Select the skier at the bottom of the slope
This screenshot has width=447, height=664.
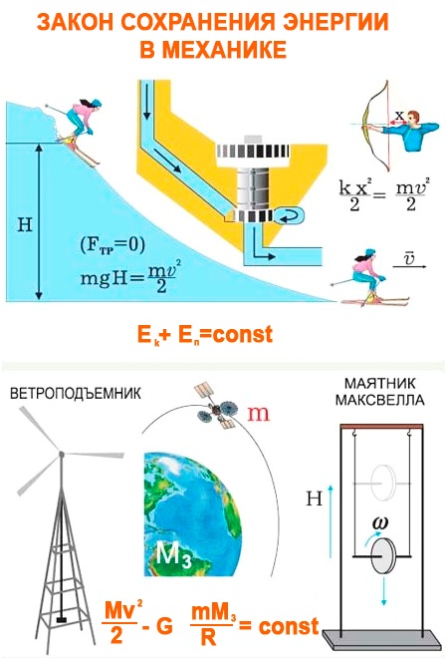pos(369,277)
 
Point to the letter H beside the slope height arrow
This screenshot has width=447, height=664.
pos(25,224)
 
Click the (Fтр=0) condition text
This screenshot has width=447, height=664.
pos(112,245)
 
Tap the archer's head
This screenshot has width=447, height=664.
pos(413,119)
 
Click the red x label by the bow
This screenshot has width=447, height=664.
pos(399,115)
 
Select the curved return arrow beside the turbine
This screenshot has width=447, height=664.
pos(290,216)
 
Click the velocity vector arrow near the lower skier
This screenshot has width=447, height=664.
pos(409,266)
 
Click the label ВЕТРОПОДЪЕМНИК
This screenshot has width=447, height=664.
pos(76,394)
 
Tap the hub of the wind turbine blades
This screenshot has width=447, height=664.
pos(62,454)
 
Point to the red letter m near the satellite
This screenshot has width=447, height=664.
pos(258,414)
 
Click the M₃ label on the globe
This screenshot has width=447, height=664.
pos(174,553)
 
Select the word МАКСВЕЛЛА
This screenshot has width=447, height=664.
pos(379,400)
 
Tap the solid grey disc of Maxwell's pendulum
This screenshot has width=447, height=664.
pos(382,555)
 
